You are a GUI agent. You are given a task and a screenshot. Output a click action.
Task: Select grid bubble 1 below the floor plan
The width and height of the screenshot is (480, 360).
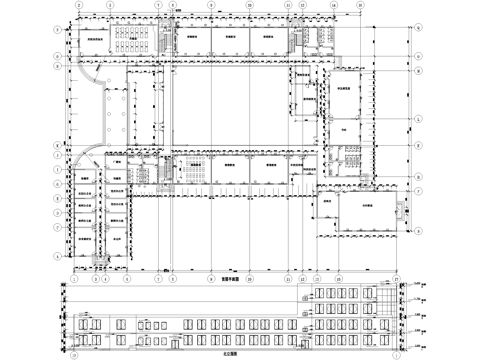pyautogui.click(x=75, y=276)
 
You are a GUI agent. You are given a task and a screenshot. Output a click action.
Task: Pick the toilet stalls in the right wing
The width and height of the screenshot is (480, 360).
pyautogui.click(x=350, y=155)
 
